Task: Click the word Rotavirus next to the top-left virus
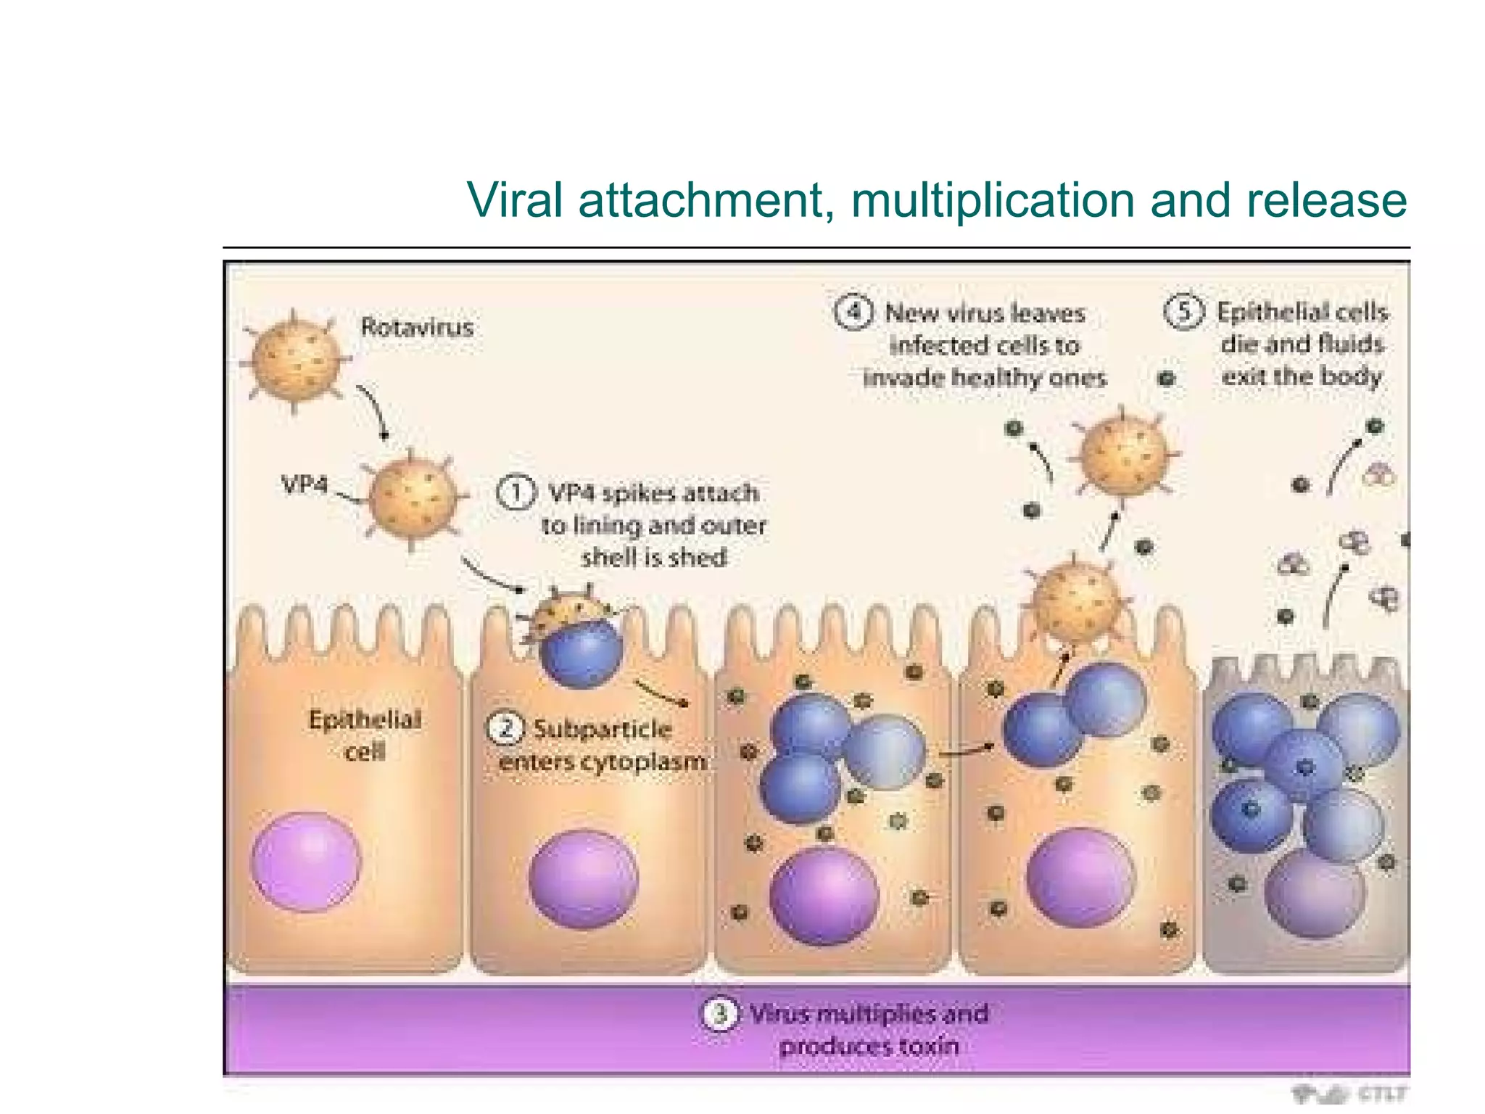coord(417,327)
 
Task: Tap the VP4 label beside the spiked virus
coord(304,484)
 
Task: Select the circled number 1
coord(516,493)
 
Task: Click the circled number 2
coord(505,727)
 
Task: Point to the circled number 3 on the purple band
coord(719,1013)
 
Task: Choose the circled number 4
coord(853,313)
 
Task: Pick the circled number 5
coord(1183,312)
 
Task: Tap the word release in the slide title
coord(1326,200)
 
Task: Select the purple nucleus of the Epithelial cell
coord(306,861)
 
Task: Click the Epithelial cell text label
coord(365,735)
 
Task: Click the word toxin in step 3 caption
coord(928,1046)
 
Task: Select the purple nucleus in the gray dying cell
coord(1314,894)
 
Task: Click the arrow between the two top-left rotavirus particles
coord(375,411)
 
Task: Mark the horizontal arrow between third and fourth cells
coord(966,750)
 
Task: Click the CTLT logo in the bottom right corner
coord(1350,1093)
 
